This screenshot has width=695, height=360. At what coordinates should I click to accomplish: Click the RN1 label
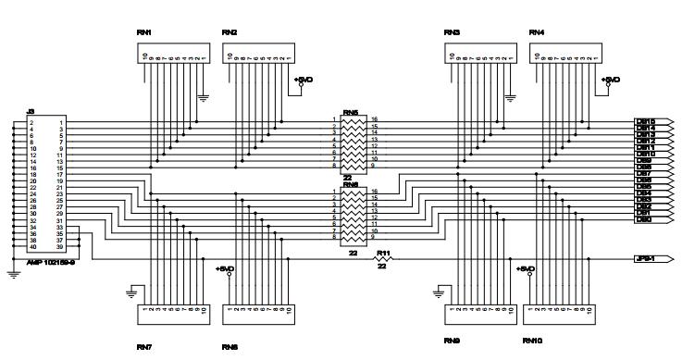[143, 32]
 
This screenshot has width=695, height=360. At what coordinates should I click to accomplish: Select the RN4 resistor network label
[537, 32]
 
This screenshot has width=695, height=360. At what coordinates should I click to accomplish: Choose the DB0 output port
[644, 218]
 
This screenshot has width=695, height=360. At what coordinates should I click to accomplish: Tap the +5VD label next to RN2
[304, 80]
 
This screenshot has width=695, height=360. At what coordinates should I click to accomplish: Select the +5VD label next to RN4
[611, 80]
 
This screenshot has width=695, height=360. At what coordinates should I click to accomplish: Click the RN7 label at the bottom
[143, 348]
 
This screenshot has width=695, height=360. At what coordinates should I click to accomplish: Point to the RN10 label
[532, 341]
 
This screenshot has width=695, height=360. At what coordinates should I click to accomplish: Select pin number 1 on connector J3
[60, 122]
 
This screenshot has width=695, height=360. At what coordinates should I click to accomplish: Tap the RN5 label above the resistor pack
[352, 113]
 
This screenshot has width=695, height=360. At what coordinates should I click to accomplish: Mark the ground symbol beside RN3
[510, 95]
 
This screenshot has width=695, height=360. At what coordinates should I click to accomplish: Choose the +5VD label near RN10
[526, 268]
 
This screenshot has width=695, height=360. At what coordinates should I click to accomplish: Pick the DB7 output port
[644, 173]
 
